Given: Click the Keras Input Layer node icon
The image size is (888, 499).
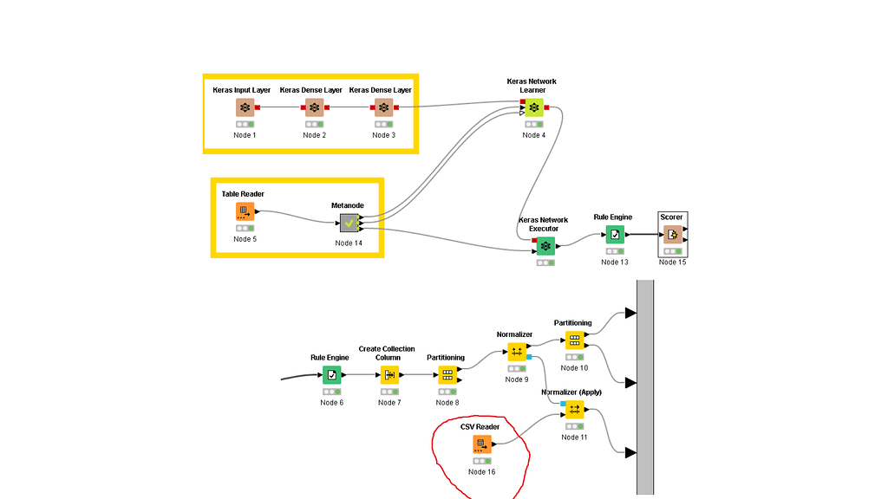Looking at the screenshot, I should point(245,107).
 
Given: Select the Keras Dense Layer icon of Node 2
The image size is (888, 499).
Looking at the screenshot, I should point(314,107).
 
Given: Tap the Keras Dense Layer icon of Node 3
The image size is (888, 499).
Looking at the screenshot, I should point(383,107).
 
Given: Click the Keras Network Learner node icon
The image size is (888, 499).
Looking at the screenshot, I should point(533,107).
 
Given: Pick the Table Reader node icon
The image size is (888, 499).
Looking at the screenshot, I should point(245,211).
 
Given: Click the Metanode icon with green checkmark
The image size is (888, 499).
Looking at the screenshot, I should point(349,223).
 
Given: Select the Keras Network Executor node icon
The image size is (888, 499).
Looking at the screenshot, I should point(545,246).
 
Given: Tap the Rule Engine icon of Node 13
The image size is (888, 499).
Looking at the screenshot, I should point(614,234).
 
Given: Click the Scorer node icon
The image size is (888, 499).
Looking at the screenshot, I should point(672,234).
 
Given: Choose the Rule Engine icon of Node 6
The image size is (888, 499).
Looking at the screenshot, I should point(331,374).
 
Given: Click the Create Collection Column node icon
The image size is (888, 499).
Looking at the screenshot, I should point(389,374).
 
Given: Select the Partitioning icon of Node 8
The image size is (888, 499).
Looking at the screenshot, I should point(447,374).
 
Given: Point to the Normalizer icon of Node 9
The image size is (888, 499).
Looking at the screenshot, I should point(516,352).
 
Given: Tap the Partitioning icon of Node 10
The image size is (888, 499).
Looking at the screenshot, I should point(574,340).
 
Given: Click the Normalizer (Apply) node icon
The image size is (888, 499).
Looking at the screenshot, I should point(574,409).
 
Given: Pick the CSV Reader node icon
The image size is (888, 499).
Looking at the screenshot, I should point(482,444).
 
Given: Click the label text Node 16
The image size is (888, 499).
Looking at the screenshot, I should point(482,471).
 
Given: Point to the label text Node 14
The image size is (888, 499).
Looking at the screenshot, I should point(349,243).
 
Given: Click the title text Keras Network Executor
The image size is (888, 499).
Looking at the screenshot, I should point(543,224).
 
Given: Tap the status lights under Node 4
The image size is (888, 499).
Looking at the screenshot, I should point(533,124).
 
